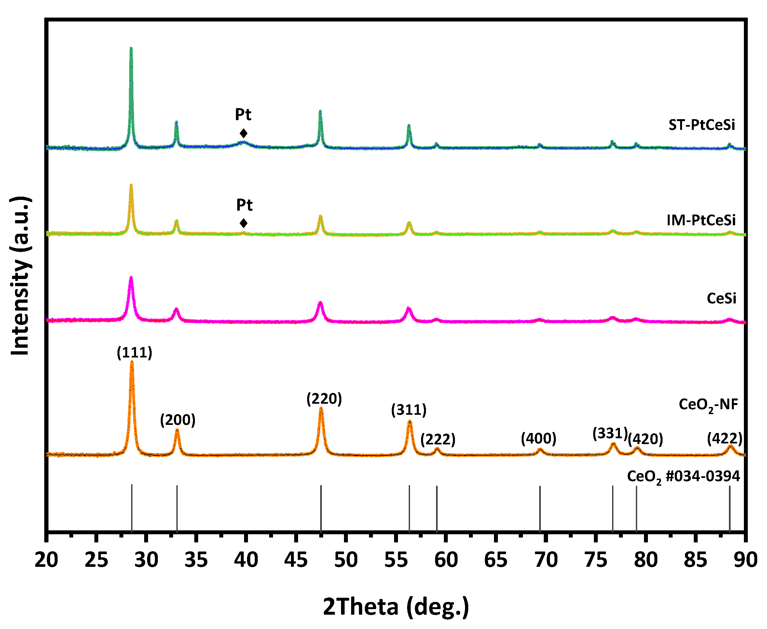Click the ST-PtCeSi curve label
pyautogui.click(x=702, y=125)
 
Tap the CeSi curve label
pyautogui.click(x=721, y=298)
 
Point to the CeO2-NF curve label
pyautogui.click(x=708, y=404)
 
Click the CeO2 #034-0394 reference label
pyautogui.click(x=683, y=477)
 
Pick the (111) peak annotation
pyautogui.click(x=134, y=353)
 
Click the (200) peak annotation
pyautogui.click(x=177, y=420)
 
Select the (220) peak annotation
pyautogui.click(x=324, y=398)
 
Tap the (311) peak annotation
pyautogui.click(x=408, y=410)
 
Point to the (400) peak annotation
pyautogui.click(x=538, y=439)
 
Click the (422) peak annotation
pyautogui.click(x=725, y=439)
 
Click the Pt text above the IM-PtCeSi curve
pyautogui.click(x=244, y=205)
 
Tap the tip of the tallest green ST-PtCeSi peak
pyautogui.click(x=131, y=48)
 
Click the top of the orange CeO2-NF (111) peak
pyautogui.click(x=132, y=362)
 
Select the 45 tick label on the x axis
pyautogui.click(x=296, y=559)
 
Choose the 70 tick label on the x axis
pyautogui.click(x=546, y=559)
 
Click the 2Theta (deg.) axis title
pyautogui.click(x=395, y=606)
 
